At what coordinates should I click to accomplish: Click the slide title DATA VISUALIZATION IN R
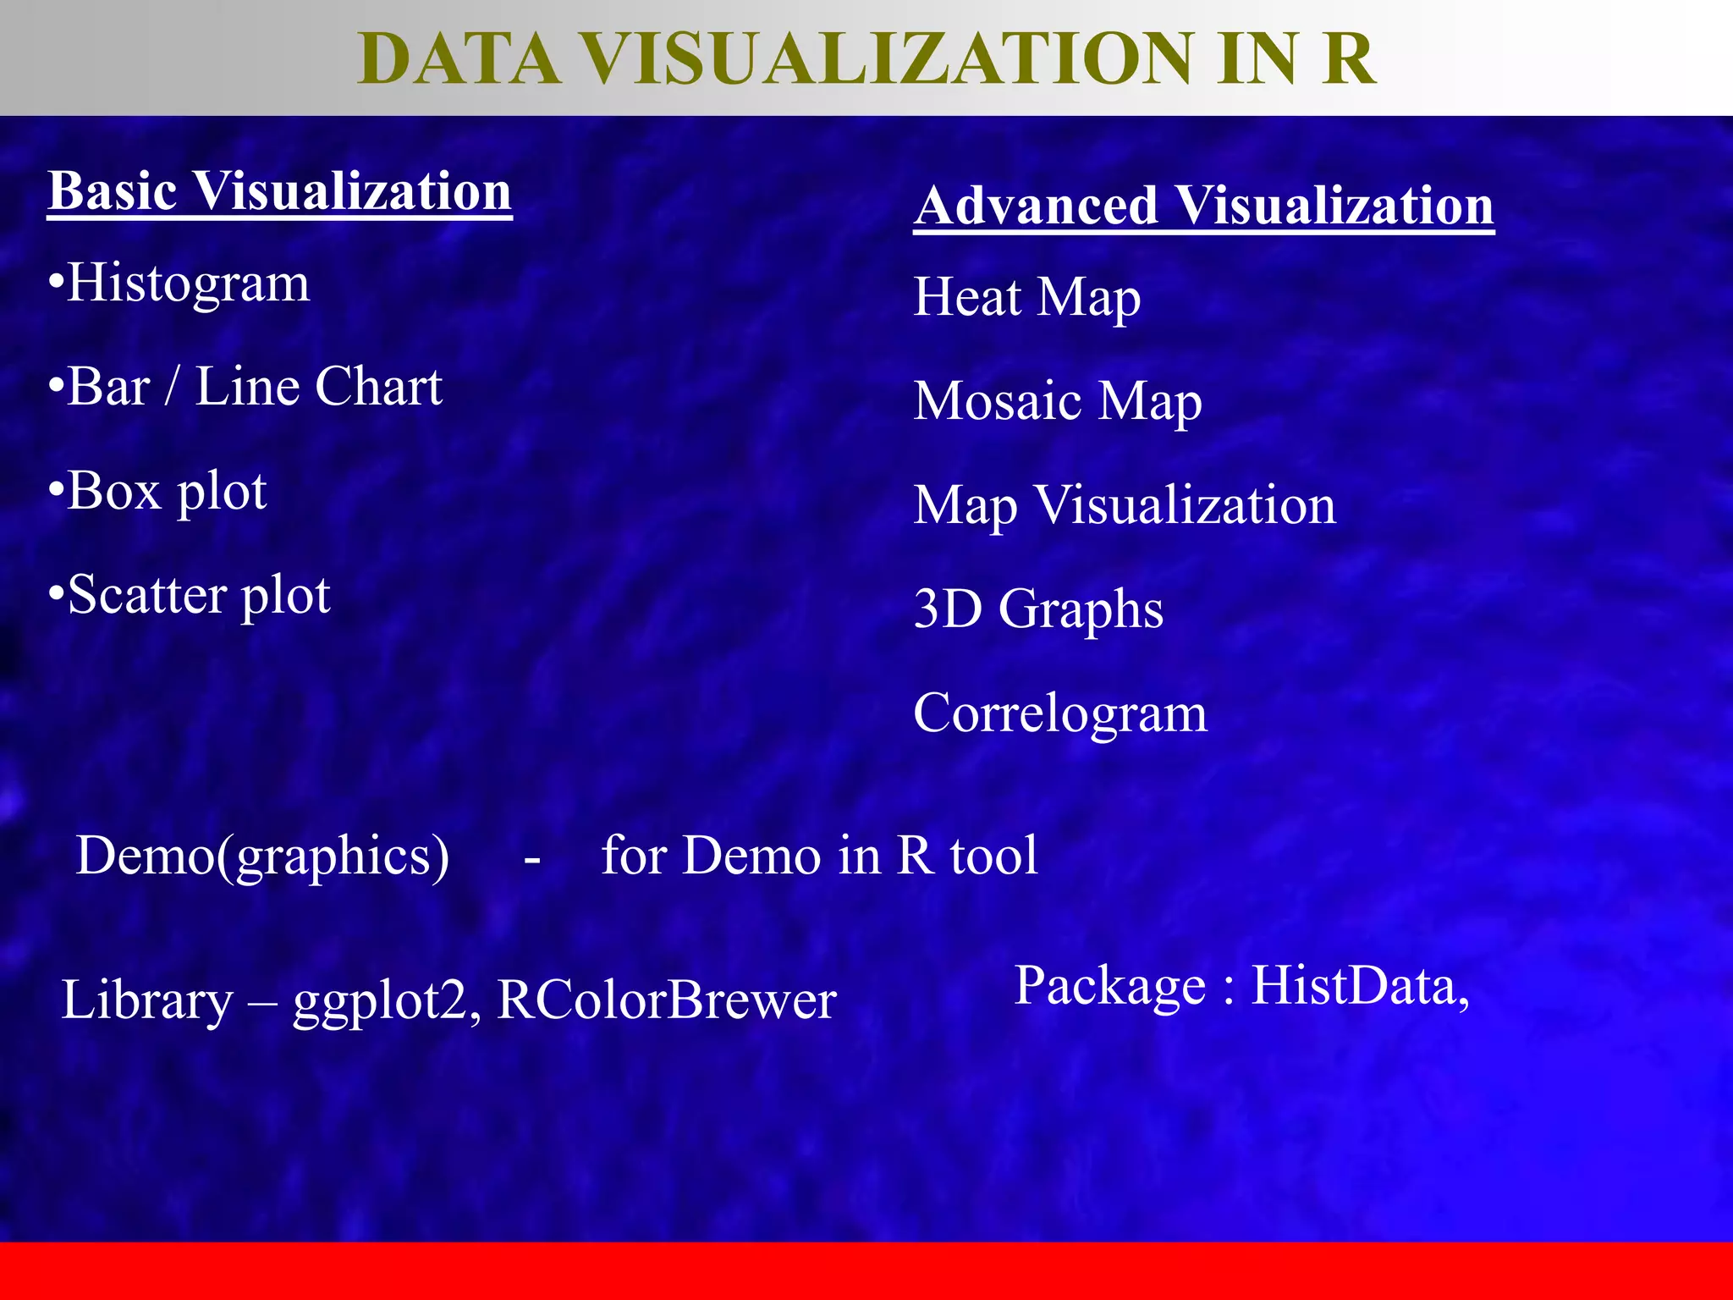point(866,59)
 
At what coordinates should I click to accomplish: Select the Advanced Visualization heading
point(1203,206)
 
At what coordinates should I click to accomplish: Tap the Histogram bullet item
point(188,283)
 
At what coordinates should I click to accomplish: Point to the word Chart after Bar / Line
point(378,387)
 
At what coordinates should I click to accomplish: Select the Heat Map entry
point(1026,298)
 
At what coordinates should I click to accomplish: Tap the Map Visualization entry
point(1124,506)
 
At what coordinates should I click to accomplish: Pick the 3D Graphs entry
point(1038,609)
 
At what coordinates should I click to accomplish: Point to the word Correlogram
point(1059,713)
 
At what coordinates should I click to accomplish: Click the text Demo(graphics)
point(262,856)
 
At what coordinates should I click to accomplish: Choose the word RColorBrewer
point(666,1000)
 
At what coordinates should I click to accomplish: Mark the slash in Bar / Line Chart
point(173,387)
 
